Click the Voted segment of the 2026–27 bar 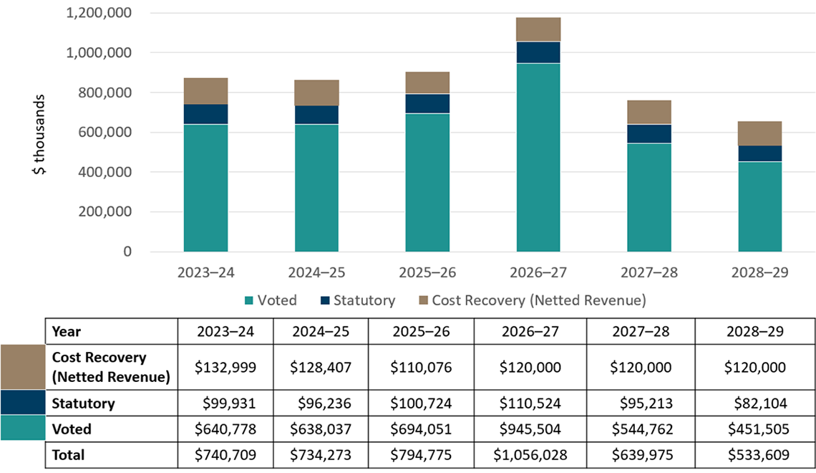pyautogui.click(x=538, y=158)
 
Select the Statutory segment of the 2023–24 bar pyautogui.click(x=205, y=114)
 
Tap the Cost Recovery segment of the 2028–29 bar pyautogui.click(x=759, y=133)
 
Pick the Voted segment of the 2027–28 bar pyautogui.click(x=649, y=197)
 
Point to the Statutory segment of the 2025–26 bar pyautogui.click(x=427, y=103)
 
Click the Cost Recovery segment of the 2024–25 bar pyautogui.click(x=316, y=92)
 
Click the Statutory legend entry pyautogui.click(x=356, y=300)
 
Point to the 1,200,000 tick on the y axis pyautogui.click(x=99, y=13)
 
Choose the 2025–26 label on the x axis pyautogui.click(x=427, y=273)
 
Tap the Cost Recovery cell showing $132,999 pyautogui.click(x=225, y=366)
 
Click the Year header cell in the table pyautogui.click(x=67, y=332)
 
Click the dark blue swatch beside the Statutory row pyautogui.click(x=23, y=403)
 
